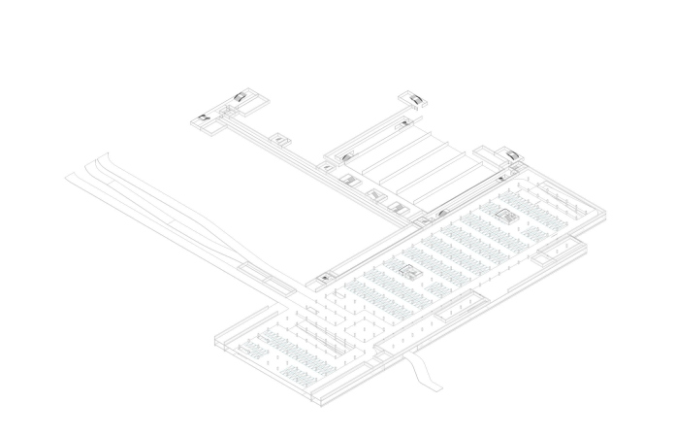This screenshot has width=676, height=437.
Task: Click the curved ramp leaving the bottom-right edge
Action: [425, 373]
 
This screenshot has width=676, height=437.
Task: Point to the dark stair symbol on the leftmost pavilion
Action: [205, 118]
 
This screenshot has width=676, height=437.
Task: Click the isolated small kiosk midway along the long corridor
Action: [280, 139]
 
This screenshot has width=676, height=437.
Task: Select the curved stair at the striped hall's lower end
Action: [442, 212]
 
